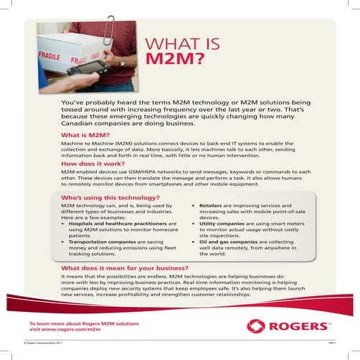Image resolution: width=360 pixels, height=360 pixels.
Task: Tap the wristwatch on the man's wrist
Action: pyautogui.click(x=122, y=62)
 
